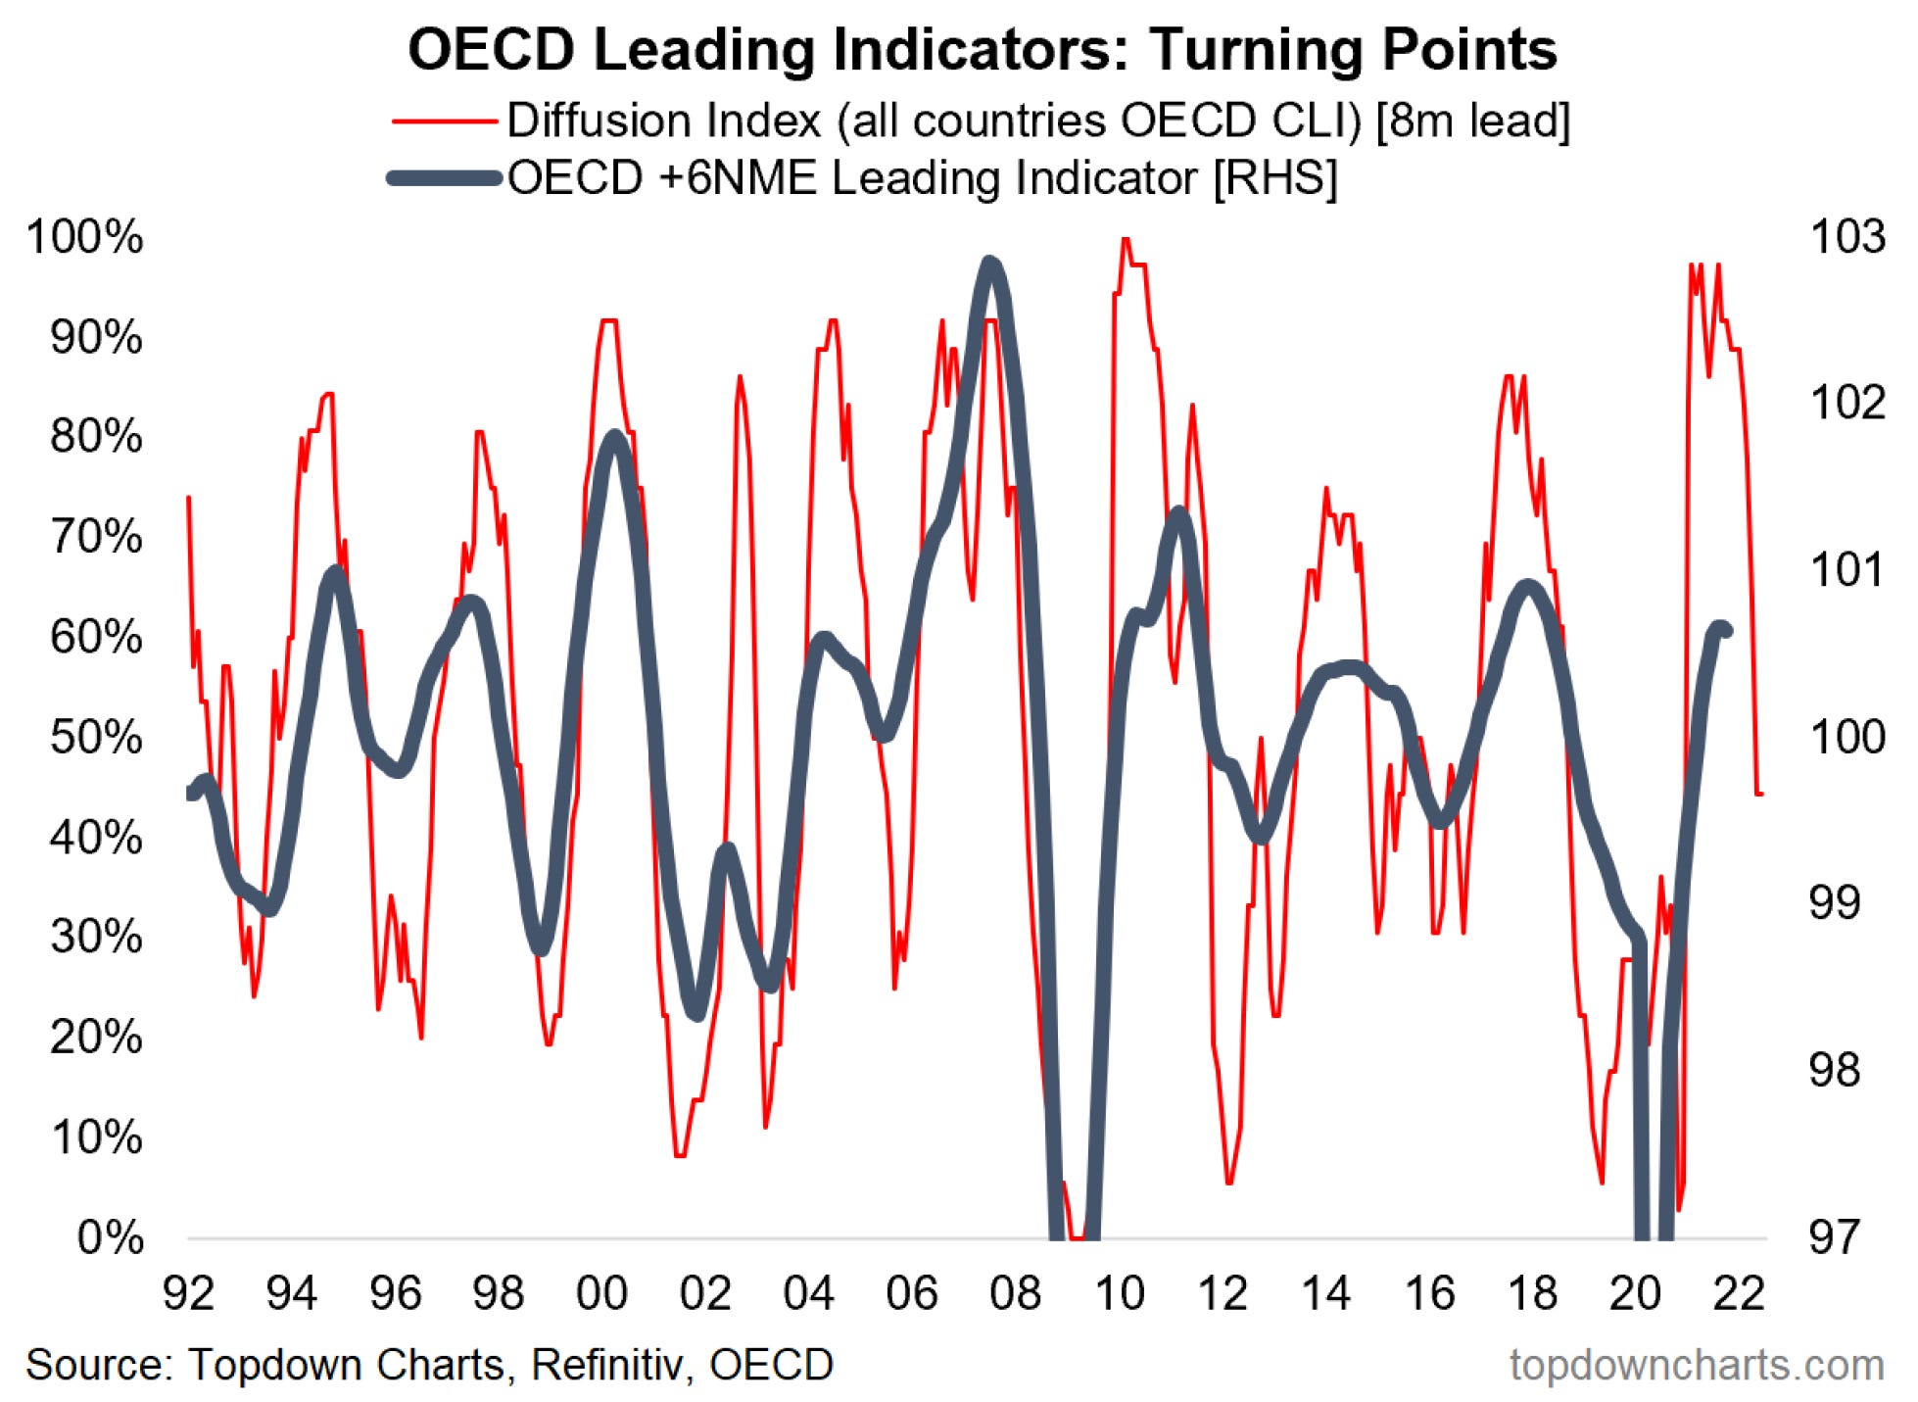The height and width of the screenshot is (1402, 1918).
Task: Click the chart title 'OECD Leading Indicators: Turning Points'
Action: [x=982, y=49]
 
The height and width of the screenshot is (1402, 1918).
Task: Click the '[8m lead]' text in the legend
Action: [x=1472, y=121]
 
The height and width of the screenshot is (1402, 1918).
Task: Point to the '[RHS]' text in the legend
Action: [x=1275, y=178]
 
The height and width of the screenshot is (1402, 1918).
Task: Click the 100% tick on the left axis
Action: [x=85, y=238]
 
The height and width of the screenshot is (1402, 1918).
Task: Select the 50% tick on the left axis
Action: [x=95, y=738]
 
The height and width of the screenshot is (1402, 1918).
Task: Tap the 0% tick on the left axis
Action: [x=110, y=1238]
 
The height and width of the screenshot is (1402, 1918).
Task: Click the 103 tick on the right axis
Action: [x=1846, y=237]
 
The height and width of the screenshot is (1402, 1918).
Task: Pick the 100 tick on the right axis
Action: [x=1846, y=737]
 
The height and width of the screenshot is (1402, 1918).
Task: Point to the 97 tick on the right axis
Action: [x=1834, y=1237]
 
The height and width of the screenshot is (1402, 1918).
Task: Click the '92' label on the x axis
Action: [x=188, y=1293]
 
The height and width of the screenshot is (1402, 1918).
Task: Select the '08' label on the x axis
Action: [x=1015, y=1293]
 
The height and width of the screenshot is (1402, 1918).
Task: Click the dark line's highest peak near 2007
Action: [x=990, y=263]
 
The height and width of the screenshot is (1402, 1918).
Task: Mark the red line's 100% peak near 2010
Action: [x=1126, y=238]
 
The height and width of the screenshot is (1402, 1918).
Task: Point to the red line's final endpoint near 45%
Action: [x=1761, y=794]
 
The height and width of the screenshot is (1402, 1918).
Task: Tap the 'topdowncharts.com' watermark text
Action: [x=1697, y=1365]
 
